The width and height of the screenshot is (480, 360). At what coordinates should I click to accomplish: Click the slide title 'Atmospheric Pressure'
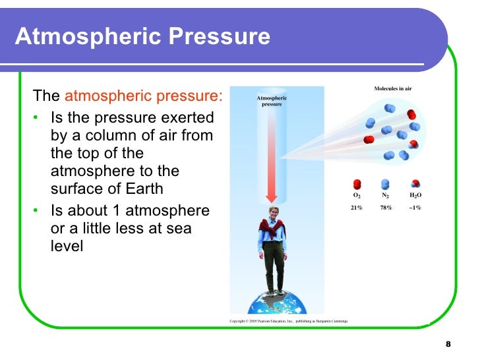tap(142, 36)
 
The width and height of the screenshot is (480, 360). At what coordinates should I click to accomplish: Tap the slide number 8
tap(448, 345)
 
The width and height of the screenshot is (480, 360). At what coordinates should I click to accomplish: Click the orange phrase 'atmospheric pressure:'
tap(144, 96)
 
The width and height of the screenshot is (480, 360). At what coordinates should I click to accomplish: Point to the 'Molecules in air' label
tap(393, 88)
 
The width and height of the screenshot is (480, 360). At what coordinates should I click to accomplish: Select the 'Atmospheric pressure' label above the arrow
tap(272, 102)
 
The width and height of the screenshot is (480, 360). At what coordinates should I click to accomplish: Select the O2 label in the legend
tap(357, 196)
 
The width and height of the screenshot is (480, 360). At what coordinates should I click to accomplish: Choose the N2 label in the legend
tap(385, 196)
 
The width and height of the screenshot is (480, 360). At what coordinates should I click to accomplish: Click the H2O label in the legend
tap(415, 196)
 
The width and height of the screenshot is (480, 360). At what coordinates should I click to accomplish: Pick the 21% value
tap(357, 208)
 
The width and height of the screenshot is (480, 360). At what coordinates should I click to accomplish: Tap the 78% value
tap(385, 208)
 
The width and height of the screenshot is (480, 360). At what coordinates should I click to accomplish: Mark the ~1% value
tap(415, 208)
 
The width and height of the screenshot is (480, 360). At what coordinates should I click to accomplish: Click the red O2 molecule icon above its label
tap(357, 184)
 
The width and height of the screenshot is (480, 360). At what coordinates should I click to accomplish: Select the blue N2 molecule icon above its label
tap(385, 184)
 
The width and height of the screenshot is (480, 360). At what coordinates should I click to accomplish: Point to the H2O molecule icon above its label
tap(415, 184)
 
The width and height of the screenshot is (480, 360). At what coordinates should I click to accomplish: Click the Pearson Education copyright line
tap(288, 321)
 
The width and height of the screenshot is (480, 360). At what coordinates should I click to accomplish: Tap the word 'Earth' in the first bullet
tap(140, 189)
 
